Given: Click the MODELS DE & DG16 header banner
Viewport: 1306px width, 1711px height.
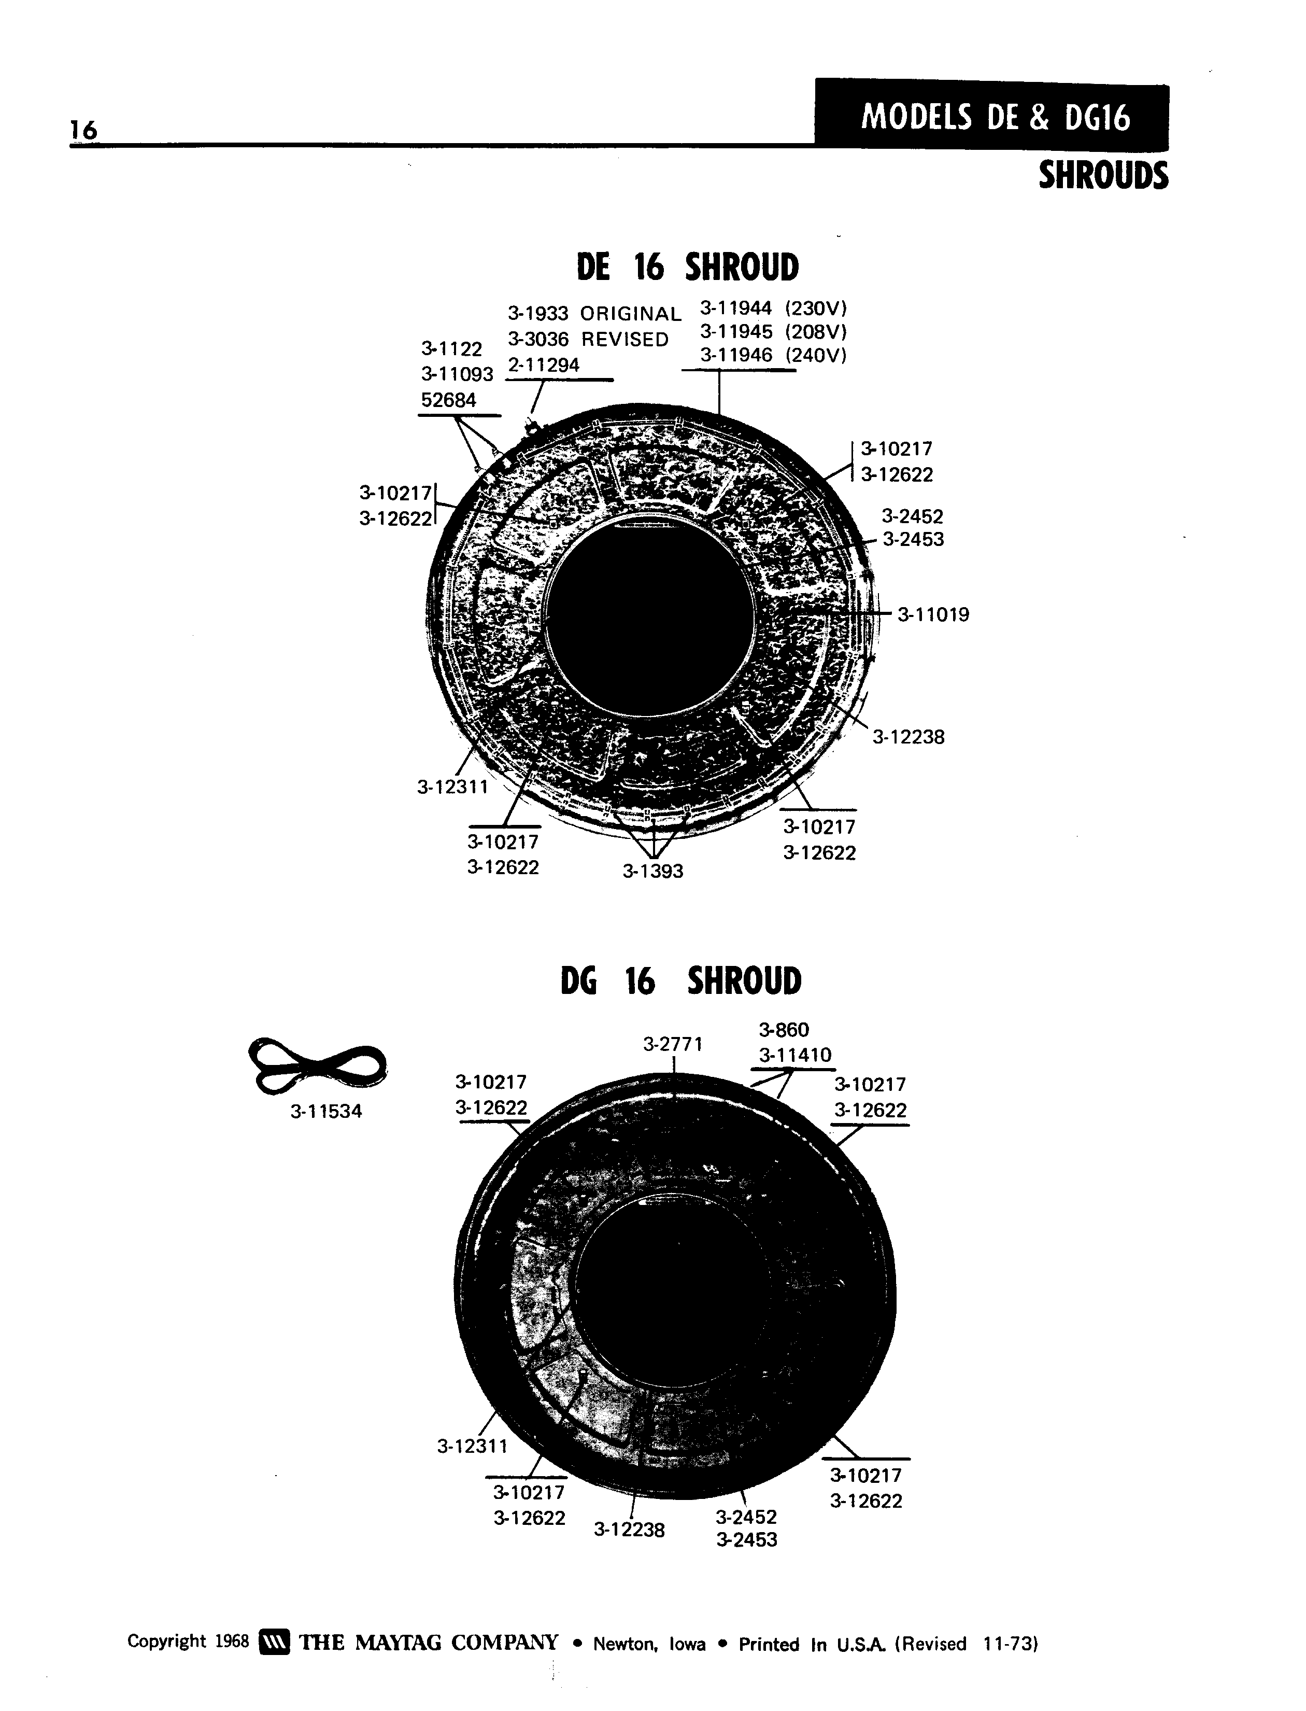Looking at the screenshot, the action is coord(992,116).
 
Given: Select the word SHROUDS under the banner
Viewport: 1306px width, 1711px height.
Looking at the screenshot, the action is coord(1103,176).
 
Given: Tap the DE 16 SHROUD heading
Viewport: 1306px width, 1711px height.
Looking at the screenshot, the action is coord(687,267).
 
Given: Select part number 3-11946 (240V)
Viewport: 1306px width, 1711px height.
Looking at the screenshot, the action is coord(773,356).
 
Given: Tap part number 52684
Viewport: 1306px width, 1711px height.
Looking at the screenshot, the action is coord(449,400).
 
